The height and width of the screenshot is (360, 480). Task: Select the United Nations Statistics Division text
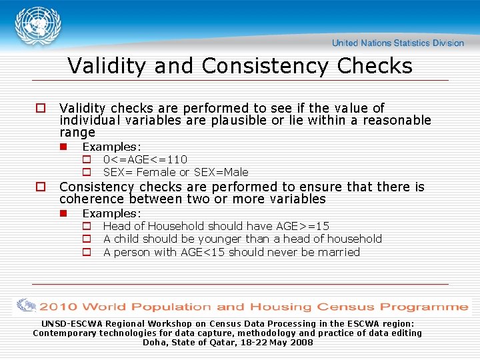pyautogui.click(x=398, y=43)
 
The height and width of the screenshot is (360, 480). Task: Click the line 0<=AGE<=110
pyautogui.click(x=145, y=159)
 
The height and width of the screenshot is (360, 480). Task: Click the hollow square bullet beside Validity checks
pyautogui.click(x=40, y=108)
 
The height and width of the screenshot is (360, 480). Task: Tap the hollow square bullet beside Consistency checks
pyautogui.click(x=40, y=187)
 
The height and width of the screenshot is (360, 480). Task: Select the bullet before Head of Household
pyautogui.click(x=86, y=226)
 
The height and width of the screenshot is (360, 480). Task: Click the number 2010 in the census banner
pyautogui.click(x=59, y=307)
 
